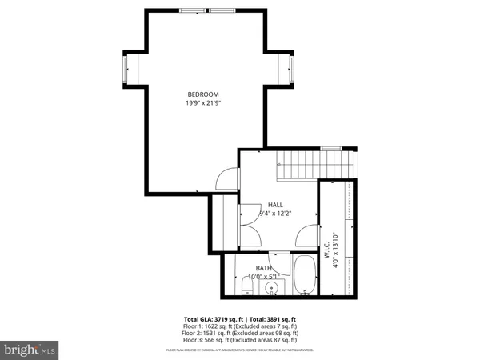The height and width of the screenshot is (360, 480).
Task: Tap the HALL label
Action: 275,205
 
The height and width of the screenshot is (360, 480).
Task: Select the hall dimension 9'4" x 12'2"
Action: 275,214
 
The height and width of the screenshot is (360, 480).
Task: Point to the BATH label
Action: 263,268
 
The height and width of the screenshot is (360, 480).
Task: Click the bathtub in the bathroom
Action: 304,275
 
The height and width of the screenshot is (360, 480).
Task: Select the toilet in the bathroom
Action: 246,286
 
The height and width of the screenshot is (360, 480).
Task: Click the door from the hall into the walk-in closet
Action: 306,237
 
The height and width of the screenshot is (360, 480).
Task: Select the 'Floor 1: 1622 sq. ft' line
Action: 240,326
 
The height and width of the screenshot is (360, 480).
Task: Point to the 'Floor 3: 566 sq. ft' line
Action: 240,341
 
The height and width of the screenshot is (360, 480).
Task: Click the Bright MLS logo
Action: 30,350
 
